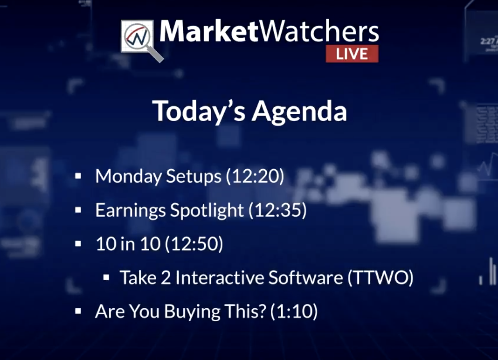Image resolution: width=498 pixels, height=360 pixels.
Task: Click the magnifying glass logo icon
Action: [x=142, y=41]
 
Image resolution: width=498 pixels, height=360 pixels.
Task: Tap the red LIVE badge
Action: [x=352, y=54]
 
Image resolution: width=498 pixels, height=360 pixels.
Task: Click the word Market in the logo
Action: [x=208, y=31]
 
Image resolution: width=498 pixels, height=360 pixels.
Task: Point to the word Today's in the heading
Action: [x=199, y=111]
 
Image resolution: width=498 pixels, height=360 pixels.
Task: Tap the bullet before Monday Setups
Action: [x=78, y=176]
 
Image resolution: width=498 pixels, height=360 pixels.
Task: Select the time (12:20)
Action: [x=255, y=176]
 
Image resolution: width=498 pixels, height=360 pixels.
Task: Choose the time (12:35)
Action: [x=277, y=210]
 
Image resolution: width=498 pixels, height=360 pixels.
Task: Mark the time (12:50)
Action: [x=194, y=244]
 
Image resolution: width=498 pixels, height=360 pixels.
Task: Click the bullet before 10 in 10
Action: [x=78, y=244]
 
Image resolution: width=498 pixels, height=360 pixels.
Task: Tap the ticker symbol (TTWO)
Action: [x=380, y=277]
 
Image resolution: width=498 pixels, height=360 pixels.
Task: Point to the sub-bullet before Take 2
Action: [x=106, y=277]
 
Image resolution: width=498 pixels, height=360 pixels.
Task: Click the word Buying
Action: [x=192, y=312]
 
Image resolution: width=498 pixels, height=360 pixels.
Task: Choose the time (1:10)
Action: [x=294, y=311]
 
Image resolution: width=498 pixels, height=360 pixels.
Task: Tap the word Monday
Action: [x=128, y=176]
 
